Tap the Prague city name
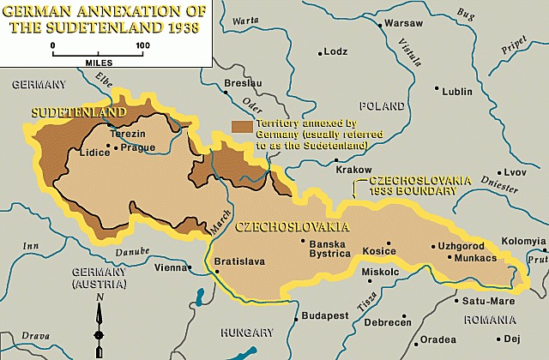point(138,147)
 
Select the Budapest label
point(325,315)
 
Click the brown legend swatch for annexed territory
point(242,126)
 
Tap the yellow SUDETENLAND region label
point(78,112)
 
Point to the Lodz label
point(335,51)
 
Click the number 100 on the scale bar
point(142,45)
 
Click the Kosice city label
point(380,251)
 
